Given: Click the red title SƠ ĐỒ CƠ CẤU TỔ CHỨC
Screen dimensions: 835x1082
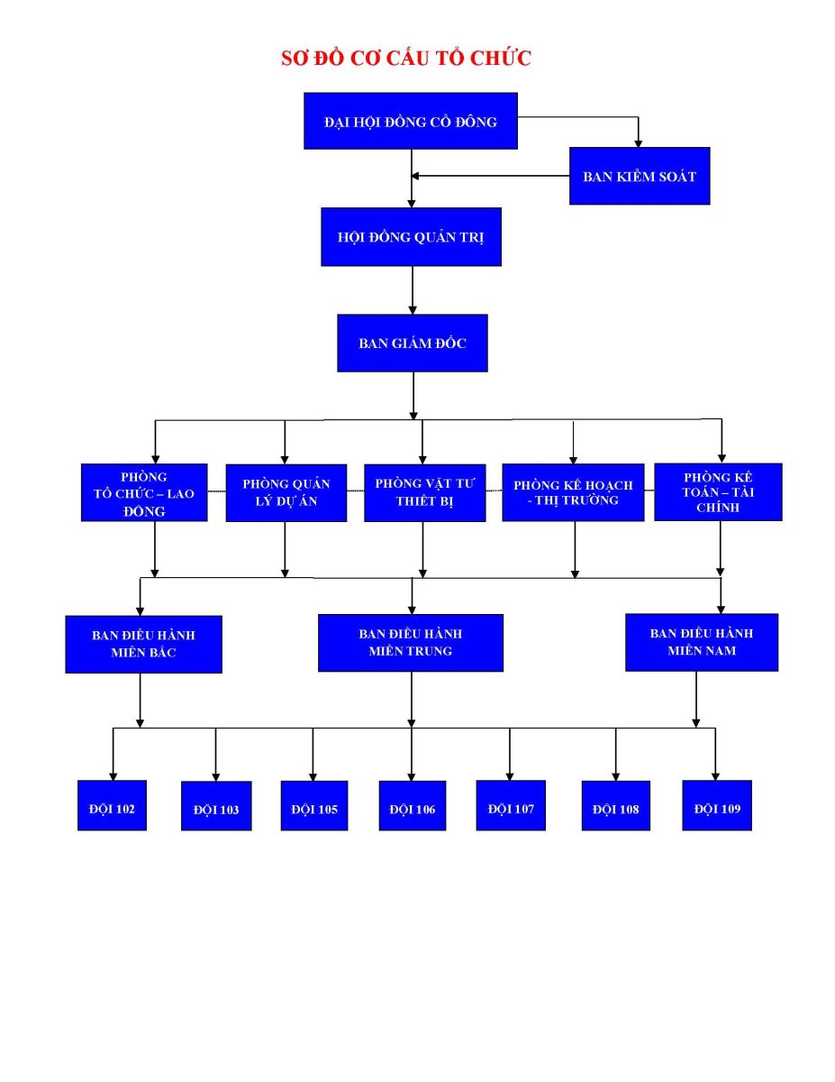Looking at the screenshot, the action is point(406,59).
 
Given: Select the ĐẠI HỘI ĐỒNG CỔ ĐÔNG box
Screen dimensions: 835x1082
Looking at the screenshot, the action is point(410,121).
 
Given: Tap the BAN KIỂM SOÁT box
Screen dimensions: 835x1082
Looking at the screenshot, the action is point(639,176).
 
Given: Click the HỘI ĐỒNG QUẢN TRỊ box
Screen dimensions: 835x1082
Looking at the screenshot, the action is point(411,237).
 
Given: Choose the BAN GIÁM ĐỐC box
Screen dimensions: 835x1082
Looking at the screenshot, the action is point(413,343).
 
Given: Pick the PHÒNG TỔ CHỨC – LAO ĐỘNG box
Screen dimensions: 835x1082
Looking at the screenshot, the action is point(144,492).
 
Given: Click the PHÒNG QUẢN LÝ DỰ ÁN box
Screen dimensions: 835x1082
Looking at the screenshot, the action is point(286,493).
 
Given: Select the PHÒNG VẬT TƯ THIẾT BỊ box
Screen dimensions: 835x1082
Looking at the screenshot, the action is point(425,493).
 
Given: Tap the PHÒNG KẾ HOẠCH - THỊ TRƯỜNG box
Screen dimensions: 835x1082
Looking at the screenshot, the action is point(573,492).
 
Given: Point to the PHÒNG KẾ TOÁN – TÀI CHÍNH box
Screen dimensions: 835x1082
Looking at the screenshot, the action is point(718,492).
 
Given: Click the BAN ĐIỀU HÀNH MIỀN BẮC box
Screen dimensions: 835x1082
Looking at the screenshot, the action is point(144,645).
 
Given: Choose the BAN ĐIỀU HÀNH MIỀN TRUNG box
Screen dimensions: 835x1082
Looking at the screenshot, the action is point(410,643).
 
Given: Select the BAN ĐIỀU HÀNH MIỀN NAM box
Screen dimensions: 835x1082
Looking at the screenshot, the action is point(702,642).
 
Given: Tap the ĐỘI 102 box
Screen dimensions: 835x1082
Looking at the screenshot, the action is point(112,805).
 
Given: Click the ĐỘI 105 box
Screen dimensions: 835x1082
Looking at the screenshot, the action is point(314,806).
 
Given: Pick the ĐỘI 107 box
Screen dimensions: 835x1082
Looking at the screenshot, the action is point(511,805).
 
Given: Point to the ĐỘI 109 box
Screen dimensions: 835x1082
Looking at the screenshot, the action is point(717,805).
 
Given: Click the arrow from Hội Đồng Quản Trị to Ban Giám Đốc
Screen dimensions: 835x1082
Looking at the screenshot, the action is point(413,290).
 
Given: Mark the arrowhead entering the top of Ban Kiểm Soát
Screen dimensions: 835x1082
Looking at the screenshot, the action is point(638,144).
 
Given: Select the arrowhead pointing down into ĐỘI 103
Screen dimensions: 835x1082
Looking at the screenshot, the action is point(216,777).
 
